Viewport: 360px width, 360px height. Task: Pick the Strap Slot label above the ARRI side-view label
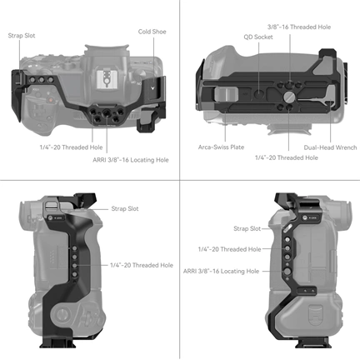[x=247, y=228]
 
